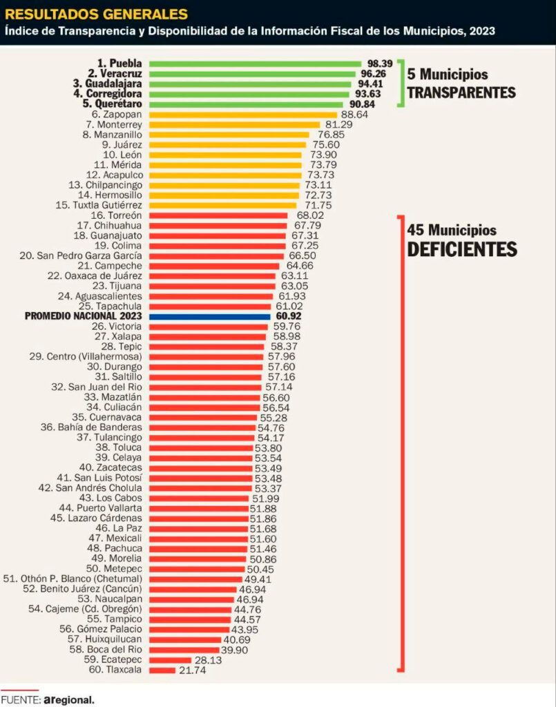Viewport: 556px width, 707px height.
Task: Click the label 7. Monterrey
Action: pyautogui.click(x=113, y=124)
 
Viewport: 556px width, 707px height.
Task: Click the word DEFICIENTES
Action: pyautogui.click(x=461, y=249)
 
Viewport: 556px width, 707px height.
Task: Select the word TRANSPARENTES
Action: pyautogui.click(x=461, y=93)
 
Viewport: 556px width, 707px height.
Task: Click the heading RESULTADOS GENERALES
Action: pyautogui.click(x=96, y=13)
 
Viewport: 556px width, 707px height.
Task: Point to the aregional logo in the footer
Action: pyautogui.click(x=68, y=699)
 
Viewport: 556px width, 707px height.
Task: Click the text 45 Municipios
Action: pyautogui.click(x=452, y=230)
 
